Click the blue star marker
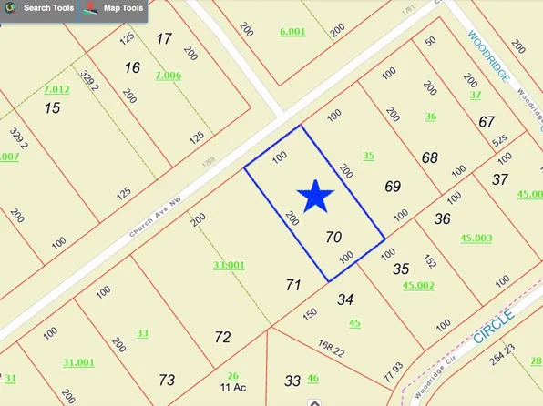point(315,197)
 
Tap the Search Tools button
point(44,9)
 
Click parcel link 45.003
point(476,238)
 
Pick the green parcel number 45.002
point(418,285)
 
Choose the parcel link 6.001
point(292,32)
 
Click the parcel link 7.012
point(56,89)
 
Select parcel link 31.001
point(78,361)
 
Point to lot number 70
point(333,237)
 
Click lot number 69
point(393,187)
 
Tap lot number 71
point(292,285)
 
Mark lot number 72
point(222,338)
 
